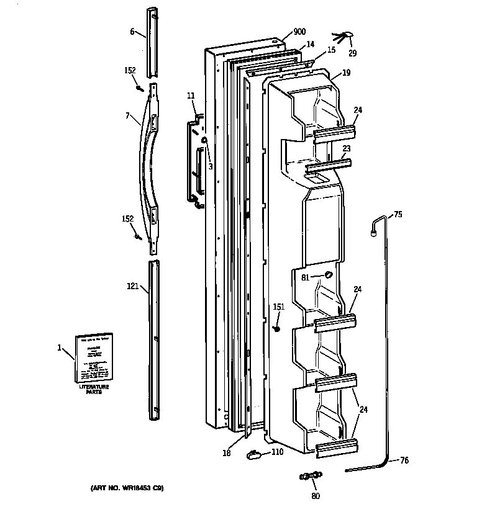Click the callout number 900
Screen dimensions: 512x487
click(299, 32)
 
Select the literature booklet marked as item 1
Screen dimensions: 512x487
click(94, 358)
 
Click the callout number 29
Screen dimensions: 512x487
click(352, 53)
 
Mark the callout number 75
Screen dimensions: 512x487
click(398, 215)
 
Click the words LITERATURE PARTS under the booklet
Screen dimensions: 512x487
click(93, 390)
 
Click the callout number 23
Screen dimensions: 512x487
click(347, 148)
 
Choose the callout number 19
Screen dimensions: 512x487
click(346, 73)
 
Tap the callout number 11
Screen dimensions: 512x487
click(190, 96)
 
